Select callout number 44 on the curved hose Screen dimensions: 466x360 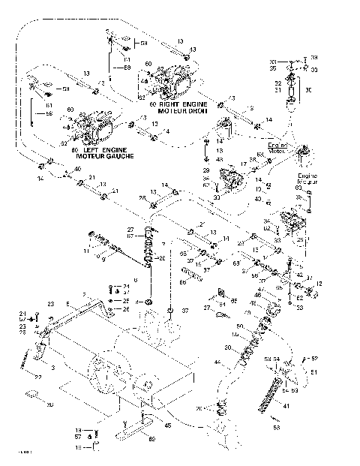(217, 363)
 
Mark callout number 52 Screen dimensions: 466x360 (314, 359)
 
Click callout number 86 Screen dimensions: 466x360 (182, 281)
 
